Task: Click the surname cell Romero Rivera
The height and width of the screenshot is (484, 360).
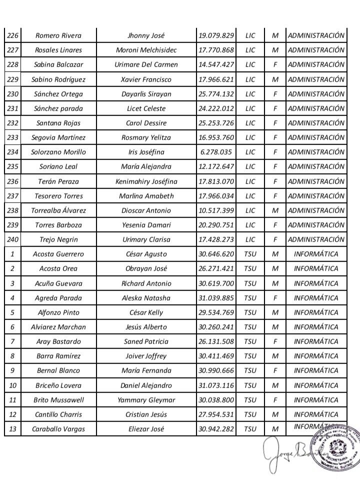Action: tap(58, 35)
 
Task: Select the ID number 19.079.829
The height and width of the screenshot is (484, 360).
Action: tap(216, 35)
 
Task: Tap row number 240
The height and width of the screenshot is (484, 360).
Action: tap(12, 239)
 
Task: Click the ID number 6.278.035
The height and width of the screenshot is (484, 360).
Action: tap(216, 152)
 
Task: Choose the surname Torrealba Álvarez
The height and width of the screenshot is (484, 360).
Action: tap(58, 210)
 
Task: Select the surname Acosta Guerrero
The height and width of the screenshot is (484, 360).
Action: tap(58, 254)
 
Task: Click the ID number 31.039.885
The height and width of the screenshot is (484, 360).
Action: tap(216, 298)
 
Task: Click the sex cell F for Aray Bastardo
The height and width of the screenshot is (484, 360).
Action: tap(274, 341)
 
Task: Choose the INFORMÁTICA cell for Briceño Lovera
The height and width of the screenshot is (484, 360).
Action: tap(316, 385)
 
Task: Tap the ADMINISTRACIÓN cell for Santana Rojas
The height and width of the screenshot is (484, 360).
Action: tap(316, 123)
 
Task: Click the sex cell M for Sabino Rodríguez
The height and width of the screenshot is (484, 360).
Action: tap(274, 79)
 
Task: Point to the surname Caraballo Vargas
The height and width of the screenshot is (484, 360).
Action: tap(58, 429)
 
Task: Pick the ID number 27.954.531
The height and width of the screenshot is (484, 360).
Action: tap(216, 414)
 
